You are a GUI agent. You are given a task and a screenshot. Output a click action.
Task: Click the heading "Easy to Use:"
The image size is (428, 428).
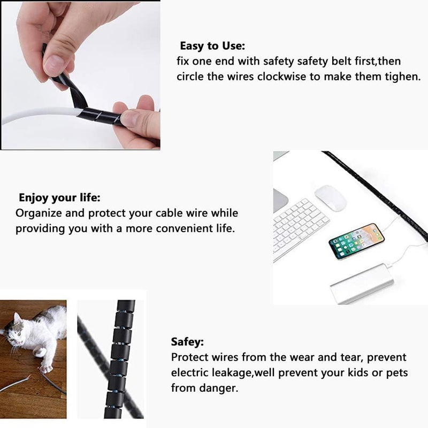(x=212, y=46)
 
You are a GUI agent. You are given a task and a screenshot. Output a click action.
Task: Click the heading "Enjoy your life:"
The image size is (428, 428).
(x=59, y=198)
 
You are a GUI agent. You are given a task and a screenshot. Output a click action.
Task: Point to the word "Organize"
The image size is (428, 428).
(x=39, y=213)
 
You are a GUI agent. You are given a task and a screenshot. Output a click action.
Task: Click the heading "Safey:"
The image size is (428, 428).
(x=187, y=342)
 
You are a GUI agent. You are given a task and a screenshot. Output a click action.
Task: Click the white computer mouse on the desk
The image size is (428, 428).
(x=331, y=198)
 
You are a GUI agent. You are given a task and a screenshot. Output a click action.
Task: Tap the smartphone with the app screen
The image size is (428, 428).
(x=356, y=241)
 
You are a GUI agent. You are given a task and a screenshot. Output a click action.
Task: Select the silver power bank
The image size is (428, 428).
(x=363, y=284)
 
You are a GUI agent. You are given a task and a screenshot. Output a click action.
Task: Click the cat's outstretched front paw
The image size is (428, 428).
(x=46, y=369)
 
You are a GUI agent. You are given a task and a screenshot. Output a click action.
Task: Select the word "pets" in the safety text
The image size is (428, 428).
(x=397, y=373)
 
